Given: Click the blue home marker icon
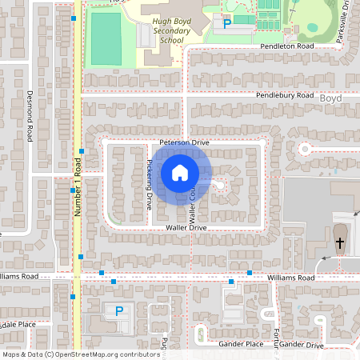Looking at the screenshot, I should [x=180, y=173].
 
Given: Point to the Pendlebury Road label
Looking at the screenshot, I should [x=285, y=95].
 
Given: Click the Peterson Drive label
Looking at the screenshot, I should [x=183, y=142].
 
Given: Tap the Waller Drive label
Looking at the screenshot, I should [x=186, y=228].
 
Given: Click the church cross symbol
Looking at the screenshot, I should [x=339, y=242].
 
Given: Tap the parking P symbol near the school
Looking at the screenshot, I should [x=226, y=24].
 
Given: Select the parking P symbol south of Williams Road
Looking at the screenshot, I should [x=119, y=311].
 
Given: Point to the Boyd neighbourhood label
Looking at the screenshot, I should [x=330, y=98].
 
